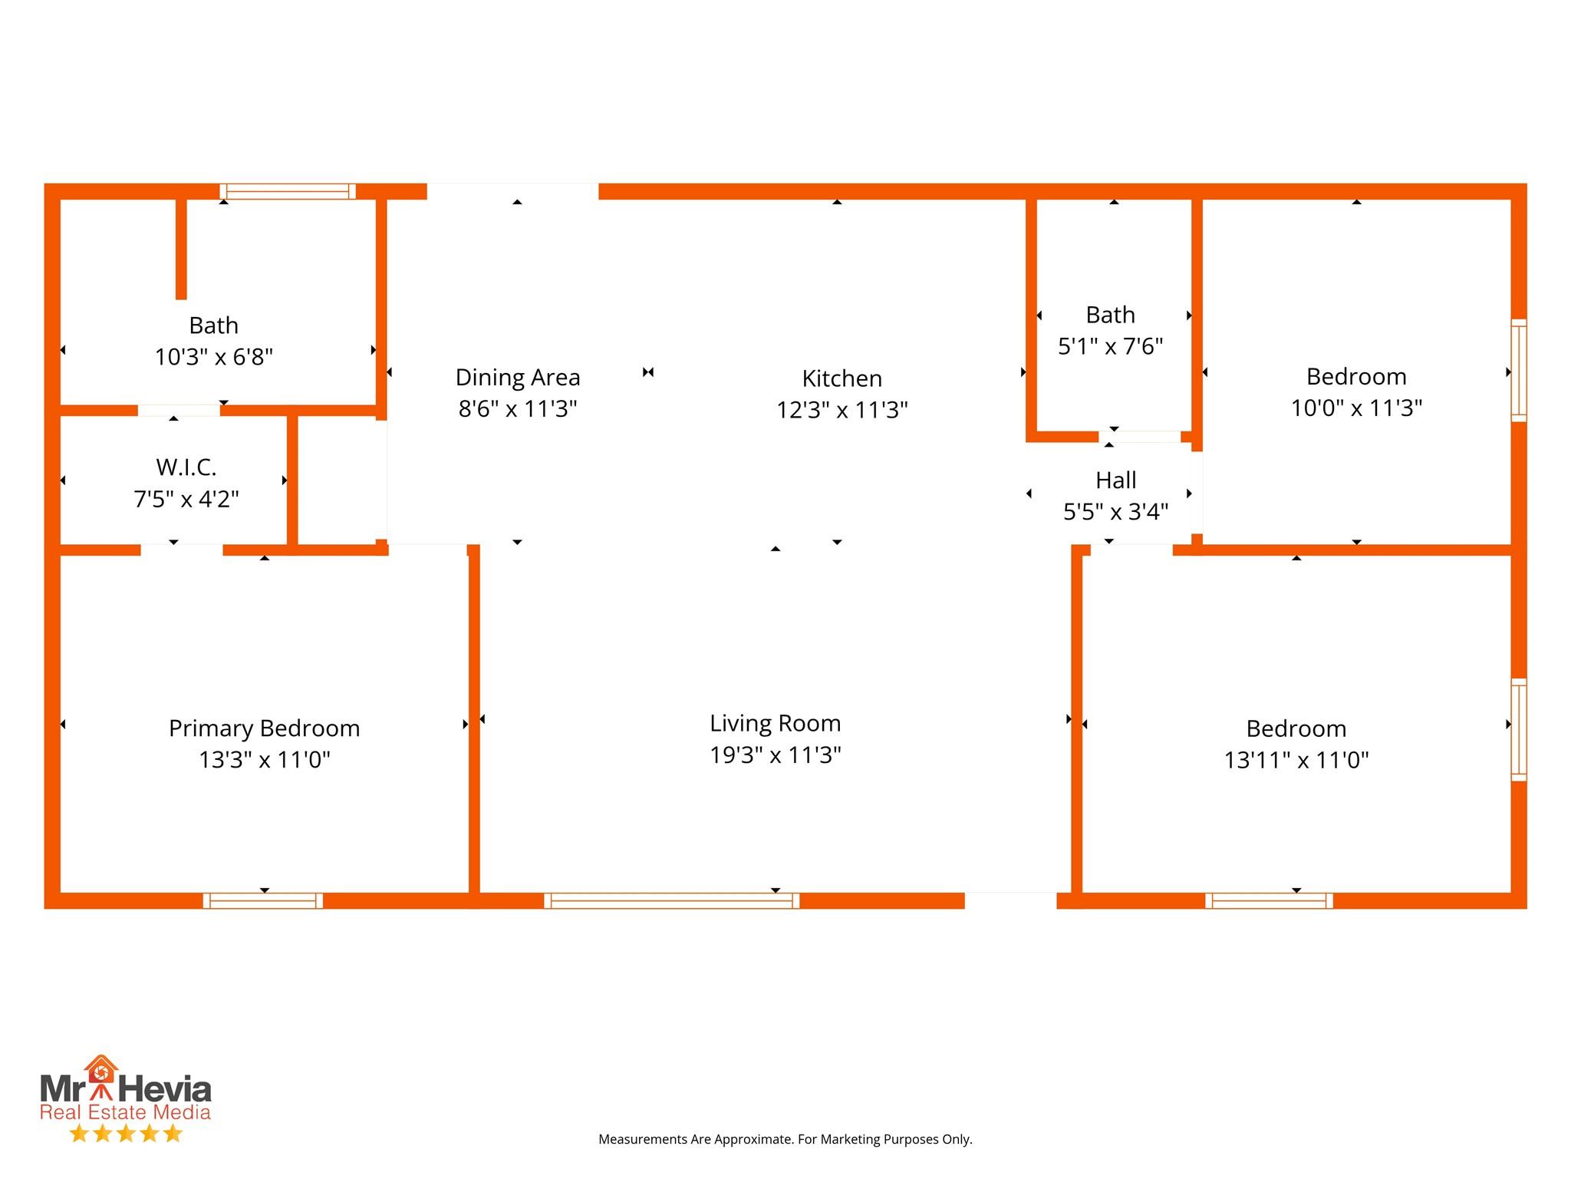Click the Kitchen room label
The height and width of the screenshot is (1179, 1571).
click(x=841, y=378)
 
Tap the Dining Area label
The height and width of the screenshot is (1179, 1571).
click(x=518, y=378)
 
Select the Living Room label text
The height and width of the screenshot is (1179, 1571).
click(x=775, y=723)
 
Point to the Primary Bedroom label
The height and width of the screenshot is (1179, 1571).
click(x=264, y=728)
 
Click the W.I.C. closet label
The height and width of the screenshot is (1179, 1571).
click(x=186, y=467)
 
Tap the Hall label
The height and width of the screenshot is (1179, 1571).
click(x=1115, y=481)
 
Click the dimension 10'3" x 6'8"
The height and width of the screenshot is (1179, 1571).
click(x=214, y=357)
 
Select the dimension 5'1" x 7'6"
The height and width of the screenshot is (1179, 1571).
click(x=1110, y=346)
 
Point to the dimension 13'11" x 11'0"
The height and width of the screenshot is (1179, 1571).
click(x=1296, y=760)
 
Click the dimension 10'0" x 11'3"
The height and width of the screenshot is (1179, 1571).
click(x=1356, y=408)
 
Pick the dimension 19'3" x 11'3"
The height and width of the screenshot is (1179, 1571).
click(x=775, y=755)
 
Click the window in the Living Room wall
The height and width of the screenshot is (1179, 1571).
click(x=671, y=900)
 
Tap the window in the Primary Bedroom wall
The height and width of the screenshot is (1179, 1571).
click(x=262, y=900)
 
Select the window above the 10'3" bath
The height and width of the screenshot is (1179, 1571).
click(x=288, y=191)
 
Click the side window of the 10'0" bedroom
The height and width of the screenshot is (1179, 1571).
click(x=1518, y=370)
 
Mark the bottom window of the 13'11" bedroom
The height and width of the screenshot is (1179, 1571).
click(x=1269, y=900)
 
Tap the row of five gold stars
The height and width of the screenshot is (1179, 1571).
click(x=126, y=1133)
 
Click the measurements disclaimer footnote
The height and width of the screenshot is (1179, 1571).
click(x=785, y=1139)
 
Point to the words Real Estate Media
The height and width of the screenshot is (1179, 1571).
click(x=125, y=1112)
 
